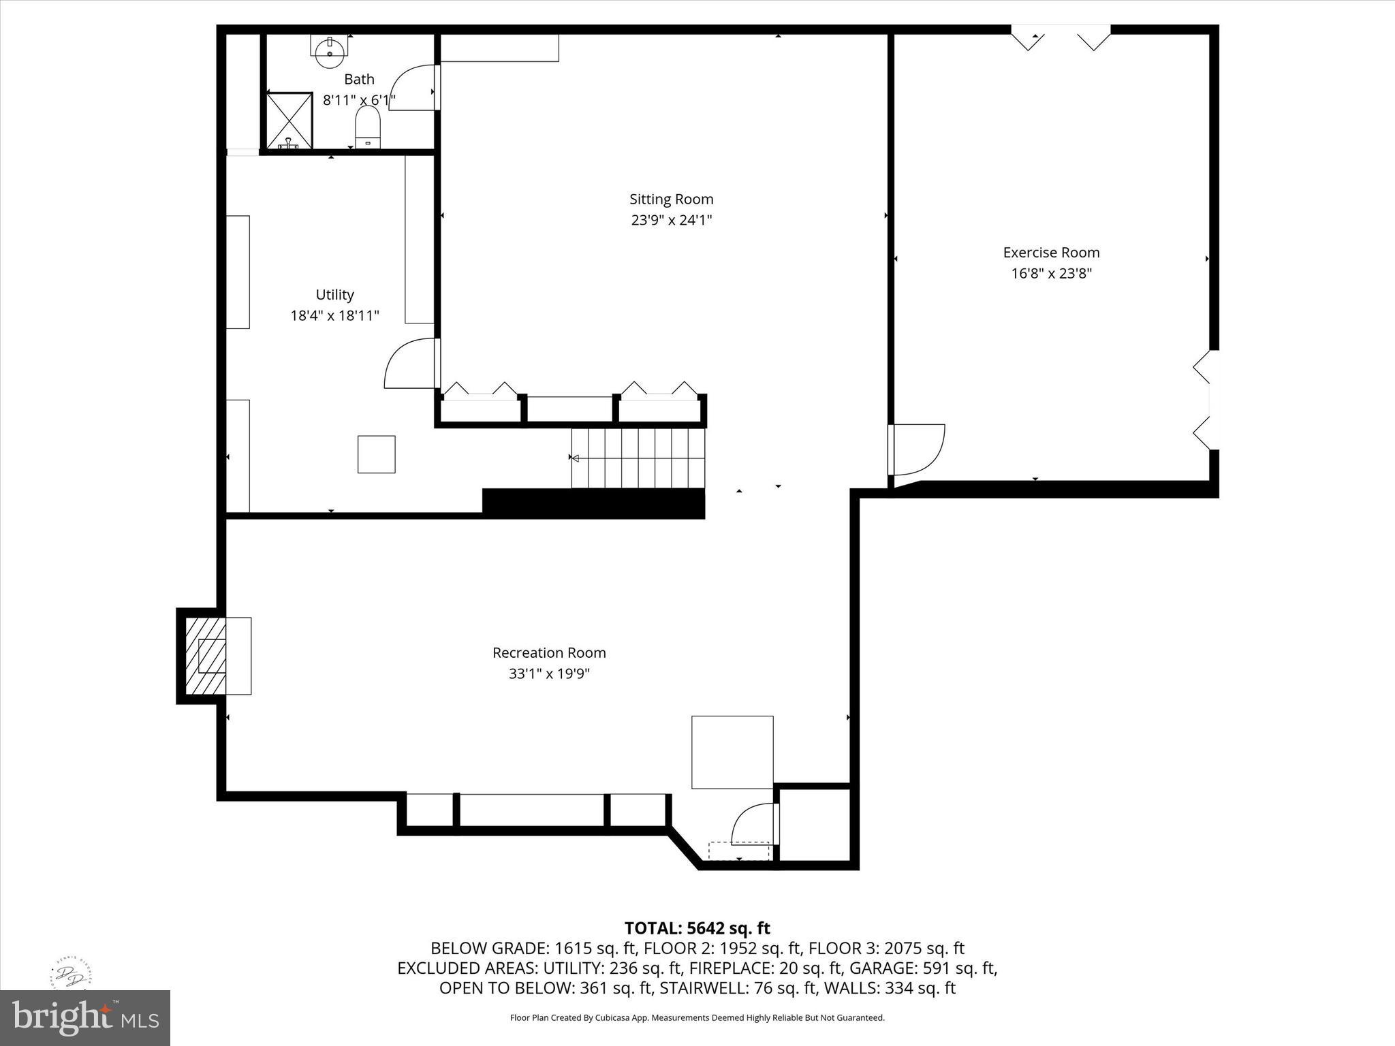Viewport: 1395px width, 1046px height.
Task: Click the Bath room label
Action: (359, 79)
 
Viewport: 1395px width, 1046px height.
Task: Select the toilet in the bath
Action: (368, 128)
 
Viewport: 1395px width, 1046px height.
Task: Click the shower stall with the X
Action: (289, 121)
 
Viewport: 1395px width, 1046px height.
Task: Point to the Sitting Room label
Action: (671, 200)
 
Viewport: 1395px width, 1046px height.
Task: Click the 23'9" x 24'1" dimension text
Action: (671, 220)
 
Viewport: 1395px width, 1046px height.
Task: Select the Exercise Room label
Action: (1051, 253)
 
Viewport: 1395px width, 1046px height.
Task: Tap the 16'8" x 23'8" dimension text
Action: (1051, 274)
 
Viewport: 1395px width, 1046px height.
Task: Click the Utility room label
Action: (334, 295)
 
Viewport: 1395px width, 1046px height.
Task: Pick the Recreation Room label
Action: (549, 653)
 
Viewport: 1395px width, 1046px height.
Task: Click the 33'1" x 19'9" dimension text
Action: (549, 673)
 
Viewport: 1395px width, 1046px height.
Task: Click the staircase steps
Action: (638, 458)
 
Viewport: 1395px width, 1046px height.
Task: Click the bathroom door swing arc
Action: (414, 87)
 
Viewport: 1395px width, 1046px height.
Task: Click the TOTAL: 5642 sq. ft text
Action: (697, 928)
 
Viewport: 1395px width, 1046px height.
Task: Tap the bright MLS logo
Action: (85, 1017)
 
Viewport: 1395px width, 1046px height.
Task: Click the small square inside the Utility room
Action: (377, 454)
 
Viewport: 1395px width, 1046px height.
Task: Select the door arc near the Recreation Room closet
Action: (753, 824)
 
